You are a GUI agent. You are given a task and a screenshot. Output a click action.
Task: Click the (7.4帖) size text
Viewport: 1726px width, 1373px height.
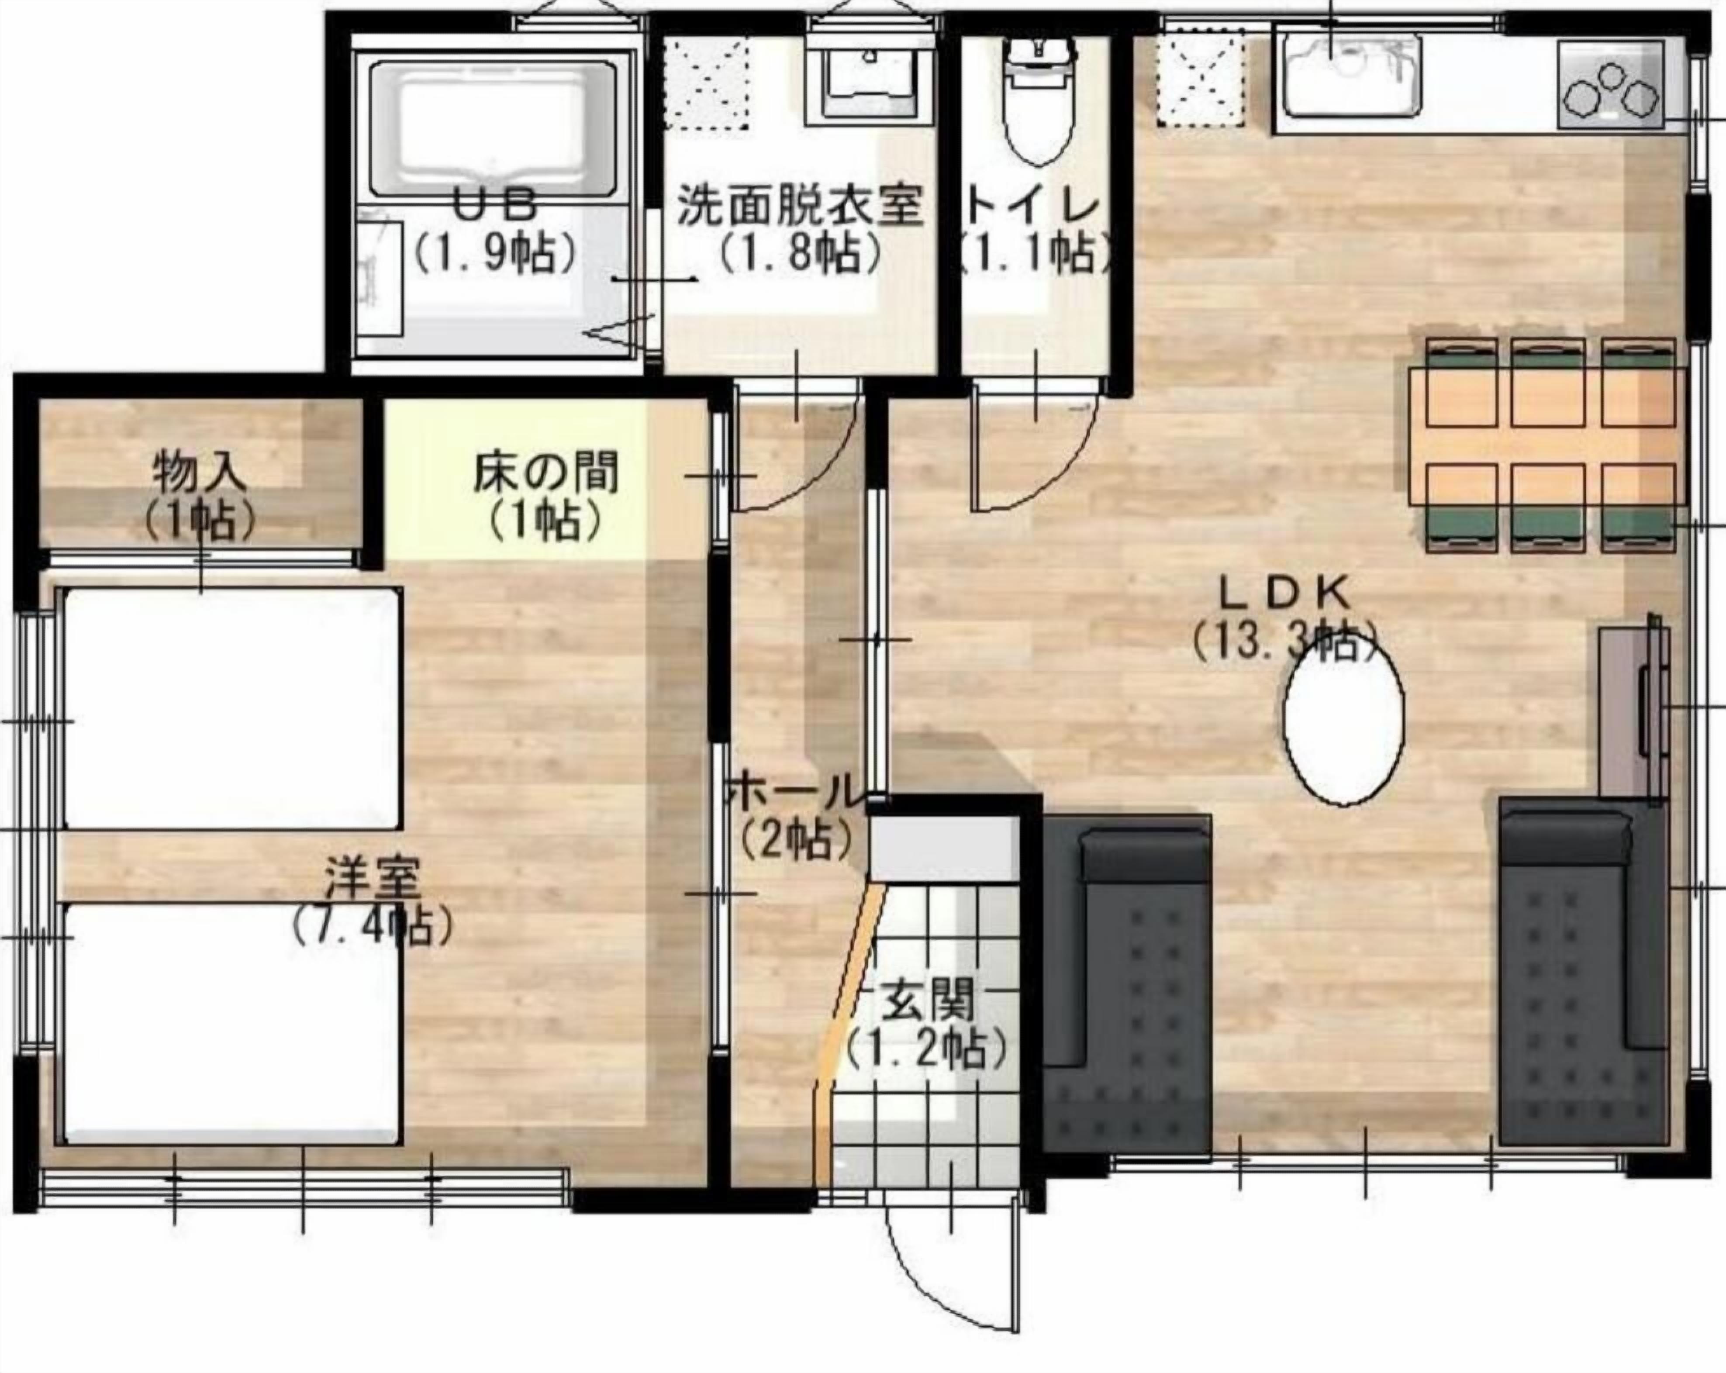(x=372, y=926)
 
